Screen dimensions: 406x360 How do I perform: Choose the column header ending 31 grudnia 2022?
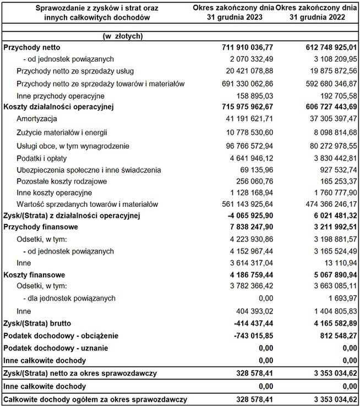[315, 12]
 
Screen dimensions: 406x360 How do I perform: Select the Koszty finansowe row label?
[34, 274]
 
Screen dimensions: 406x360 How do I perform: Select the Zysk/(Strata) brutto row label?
[45, 322]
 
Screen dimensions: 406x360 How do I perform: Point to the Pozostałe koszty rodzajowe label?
[62, 181]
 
